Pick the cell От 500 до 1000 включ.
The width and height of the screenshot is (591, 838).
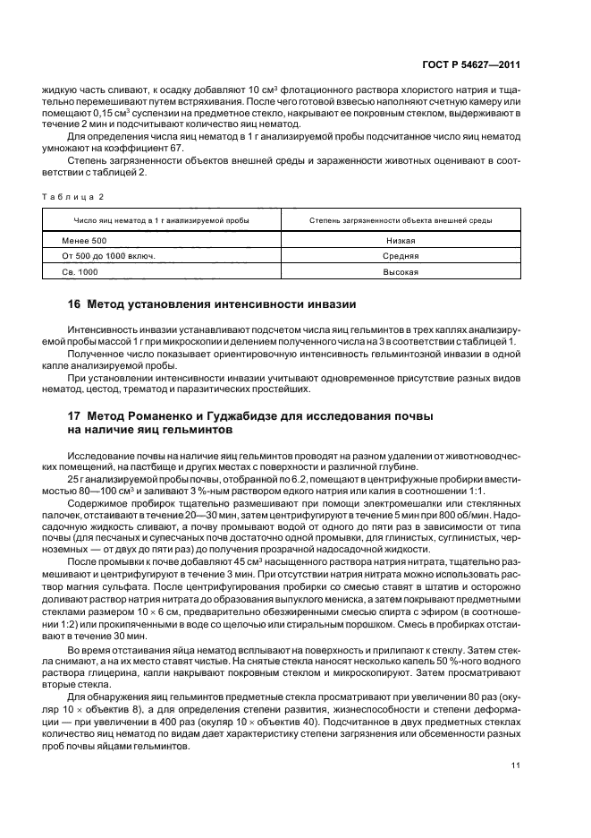pos(108,256)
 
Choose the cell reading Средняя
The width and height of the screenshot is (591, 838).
pos(401,256)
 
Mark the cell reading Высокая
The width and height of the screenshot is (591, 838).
pos(401,271)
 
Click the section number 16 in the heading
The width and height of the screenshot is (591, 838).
pos(75,304)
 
